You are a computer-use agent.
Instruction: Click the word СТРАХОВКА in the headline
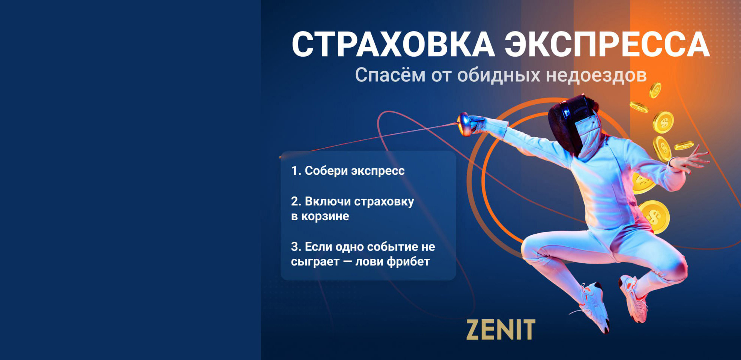(393, 44)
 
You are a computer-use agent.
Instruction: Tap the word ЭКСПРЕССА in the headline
(607, 44)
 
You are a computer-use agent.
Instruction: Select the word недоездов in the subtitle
(596, 75)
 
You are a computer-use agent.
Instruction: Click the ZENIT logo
(501, 330)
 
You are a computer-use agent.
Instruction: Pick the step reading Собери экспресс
(348, 171)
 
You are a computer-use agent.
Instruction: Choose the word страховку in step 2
(384, 202)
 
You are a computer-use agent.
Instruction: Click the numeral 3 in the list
(295, 247)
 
